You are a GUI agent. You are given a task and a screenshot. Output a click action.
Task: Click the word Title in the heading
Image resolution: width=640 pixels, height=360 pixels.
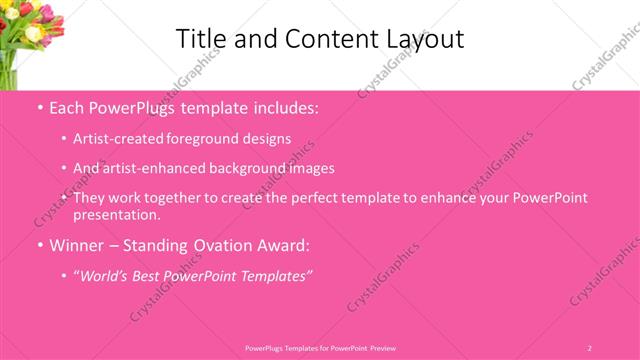pos(199,39)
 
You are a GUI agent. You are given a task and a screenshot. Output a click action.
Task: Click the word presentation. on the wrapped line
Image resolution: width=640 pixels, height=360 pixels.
pos(116,214)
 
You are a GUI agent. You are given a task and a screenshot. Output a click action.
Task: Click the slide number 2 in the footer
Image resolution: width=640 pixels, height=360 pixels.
pos(590,347)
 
